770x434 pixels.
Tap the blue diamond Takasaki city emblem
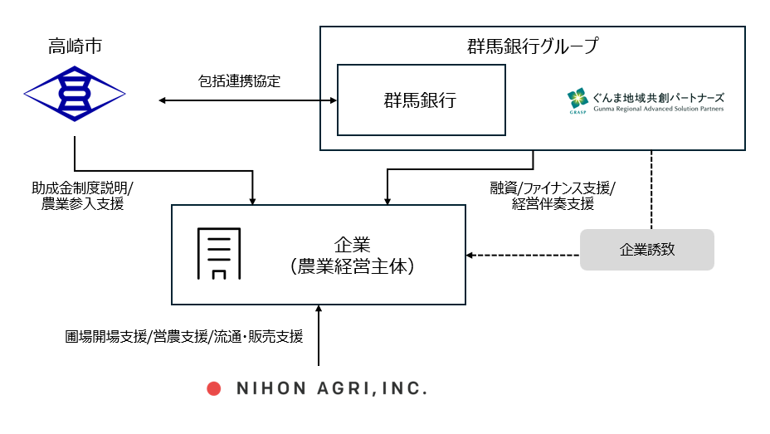pyautogui.click(x=74, y=92)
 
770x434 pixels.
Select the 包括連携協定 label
pyautogui.click(x=240, y=81)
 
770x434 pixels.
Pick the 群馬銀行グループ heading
pyautogui.click(x=533, y=46)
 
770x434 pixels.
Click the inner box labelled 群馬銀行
pyautogui.click(x=421, y=100)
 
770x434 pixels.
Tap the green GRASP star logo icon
pyautogui.click(x=577, y=99)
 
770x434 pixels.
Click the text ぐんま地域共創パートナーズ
pyautogui.click(x=657, y=95)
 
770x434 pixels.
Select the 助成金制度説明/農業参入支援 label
pyautogui.click(x=82, y=196)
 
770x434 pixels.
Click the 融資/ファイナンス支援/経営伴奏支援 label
pyautogui.click(x=553, y=196)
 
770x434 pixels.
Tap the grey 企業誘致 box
pyautogui.click(x=646, y=250)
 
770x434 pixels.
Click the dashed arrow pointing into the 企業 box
pyautogui.click(x=523, y=254)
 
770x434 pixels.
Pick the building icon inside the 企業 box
pyautogui.click(x=218, y=252)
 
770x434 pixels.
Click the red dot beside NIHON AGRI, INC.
pyautogui.click(x=213, y=388)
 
